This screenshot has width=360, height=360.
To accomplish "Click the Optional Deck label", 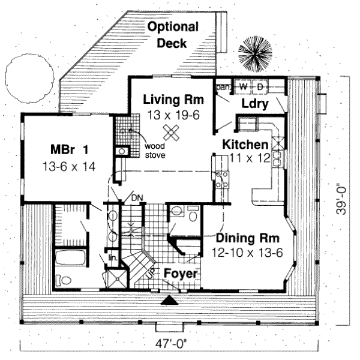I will (x=173, y=35).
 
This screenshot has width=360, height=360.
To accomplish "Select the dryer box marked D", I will (x=260, y=86).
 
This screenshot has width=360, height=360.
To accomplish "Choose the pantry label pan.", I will (x=223, y=86).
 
